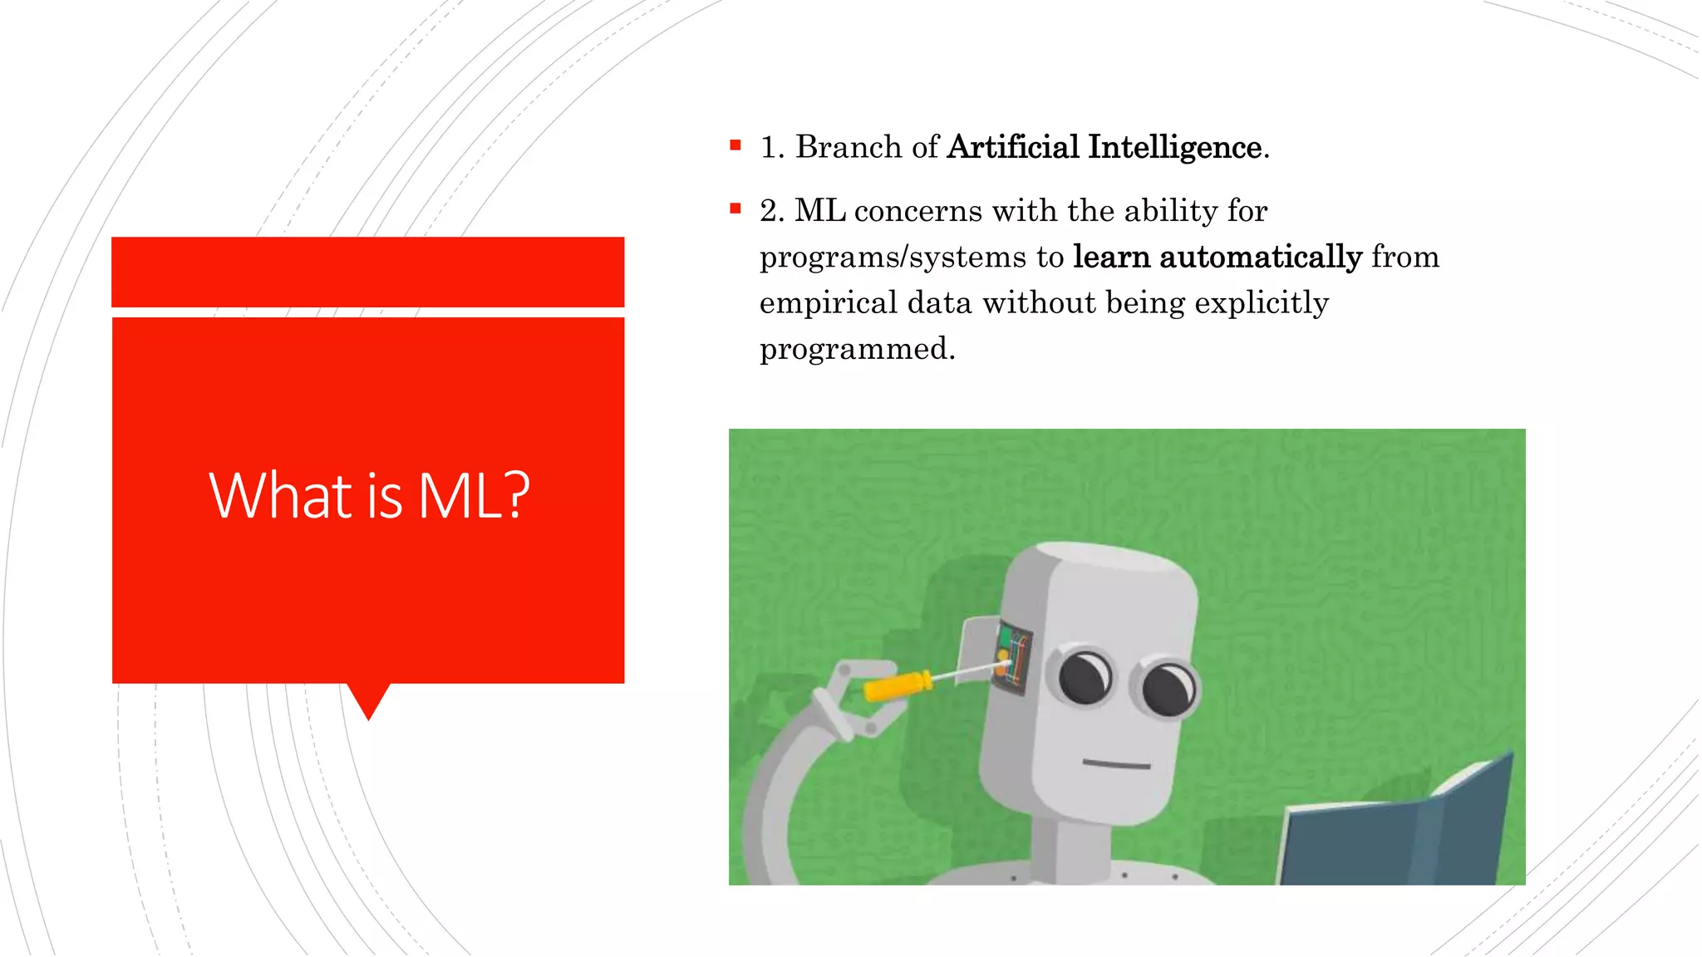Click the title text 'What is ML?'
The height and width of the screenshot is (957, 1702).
pyautogui.click(x=369, y=496)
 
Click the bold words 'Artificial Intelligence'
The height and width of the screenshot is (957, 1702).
pyautogui.click(x=1104, y=147)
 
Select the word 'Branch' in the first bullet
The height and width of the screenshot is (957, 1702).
pyautogui.click(x=849, y=147)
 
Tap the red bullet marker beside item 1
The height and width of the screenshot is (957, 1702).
pyautogui.click(x=735, y=145)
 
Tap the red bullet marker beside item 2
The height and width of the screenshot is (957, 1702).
pyautogui.click(x=735, y=209)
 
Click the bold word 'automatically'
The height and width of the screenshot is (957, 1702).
pyautogui.click(x=1261, y=257)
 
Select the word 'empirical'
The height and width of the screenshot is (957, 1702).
pyautogui.click(x=829, y=302)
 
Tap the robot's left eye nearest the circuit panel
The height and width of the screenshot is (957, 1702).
pyautogui.click(x=1085, y=677)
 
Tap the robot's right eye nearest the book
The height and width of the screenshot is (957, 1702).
pyautogui.click(x=1169, y=688)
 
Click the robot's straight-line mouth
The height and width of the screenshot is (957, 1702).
pyautogui.click(x=1116, y=763)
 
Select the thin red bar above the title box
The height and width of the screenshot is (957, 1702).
pyautogui.click(x=368, y=272)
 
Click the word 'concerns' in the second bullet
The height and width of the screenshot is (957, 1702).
pyautogui.click(x=918, y=211)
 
